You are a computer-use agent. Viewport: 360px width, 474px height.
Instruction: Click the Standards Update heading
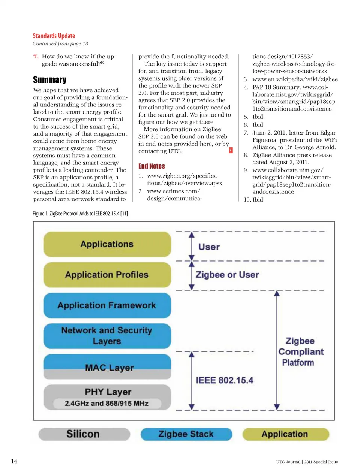pos(54,36)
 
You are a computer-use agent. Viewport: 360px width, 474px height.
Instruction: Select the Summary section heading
pos(49,80)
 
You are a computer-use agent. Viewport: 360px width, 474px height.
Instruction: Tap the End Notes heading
pos(151,166)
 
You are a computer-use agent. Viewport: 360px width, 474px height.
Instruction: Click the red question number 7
pos(36,57)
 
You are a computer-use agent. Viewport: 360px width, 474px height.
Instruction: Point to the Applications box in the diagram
pos(107,244)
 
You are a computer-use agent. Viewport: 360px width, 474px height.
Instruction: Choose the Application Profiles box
pos(107,275)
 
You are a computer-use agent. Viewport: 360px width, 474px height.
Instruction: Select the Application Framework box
pos(107,305)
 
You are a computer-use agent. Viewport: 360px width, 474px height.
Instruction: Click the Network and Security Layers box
pos(107,336)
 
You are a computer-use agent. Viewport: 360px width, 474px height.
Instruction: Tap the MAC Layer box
pos(107,367)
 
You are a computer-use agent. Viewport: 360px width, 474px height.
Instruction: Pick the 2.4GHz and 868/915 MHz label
pos(106,404)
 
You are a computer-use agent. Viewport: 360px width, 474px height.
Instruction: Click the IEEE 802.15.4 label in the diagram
pos(224,380)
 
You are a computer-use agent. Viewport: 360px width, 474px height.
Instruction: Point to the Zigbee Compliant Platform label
pos(300,352)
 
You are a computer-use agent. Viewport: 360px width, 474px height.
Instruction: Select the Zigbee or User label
pos(227,275)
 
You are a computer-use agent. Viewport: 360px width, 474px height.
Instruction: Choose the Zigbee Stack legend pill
pos(186,434)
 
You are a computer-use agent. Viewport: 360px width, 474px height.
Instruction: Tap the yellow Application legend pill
pos(285,434)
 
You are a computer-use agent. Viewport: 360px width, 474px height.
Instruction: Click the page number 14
pos(14,461)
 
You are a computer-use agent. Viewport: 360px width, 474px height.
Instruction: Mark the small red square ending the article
pos(231,150)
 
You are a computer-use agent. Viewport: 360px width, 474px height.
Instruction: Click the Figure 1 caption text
pos(80,214)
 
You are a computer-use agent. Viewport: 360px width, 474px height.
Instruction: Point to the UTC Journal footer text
pos(307,462)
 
